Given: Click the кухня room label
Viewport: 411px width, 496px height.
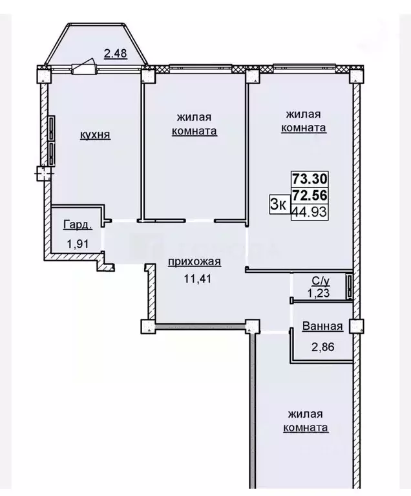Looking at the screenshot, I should click(x=95, y=135).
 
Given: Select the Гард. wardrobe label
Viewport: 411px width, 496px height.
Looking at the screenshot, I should click(x=77, y=225).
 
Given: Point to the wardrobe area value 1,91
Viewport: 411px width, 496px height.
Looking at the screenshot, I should click(x=76, y=244).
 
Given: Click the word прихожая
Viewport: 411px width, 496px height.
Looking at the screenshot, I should click(x=195, y=262).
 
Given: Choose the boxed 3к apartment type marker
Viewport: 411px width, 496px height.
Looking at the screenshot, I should click(x=279, y=204).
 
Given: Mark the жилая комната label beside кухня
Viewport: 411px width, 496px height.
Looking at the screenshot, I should click(x=195, y=124).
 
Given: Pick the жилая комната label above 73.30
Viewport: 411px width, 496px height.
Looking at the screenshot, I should click(x=304, y=121).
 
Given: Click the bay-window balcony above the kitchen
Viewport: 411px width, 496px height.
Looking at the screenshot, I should click(x=97, y=45).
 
